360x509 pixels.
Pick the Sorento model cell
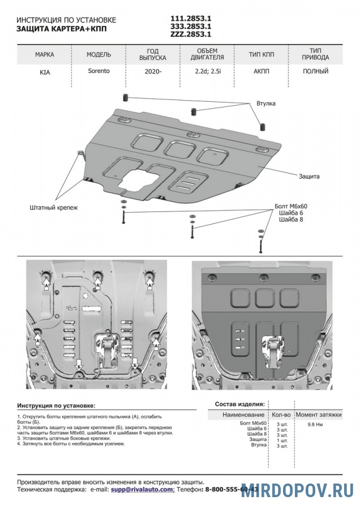pos(98,71)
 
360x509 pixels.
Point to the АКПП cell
pos(262,72)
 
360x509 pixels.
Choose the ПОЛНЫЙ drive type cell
pos(315,72)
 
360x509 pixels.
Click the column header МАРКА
pos(45,55)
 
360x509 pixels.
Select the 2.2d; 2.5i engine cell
pos(207,72)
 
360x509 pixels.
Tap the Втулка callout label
pos(265,105)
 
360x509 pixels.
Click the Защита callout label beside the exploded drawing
pos(309,176)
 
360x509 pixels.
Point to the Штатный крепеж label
pos(53,208)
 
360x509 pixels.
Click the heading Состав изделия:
pos(239,404)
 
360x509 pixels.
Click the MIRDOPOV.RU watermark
pos(298,490)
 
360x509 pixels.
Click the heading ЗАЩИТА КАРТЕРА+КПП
pos(61,28)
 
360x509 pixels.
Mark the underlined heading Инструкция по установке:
pos(56,406)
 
